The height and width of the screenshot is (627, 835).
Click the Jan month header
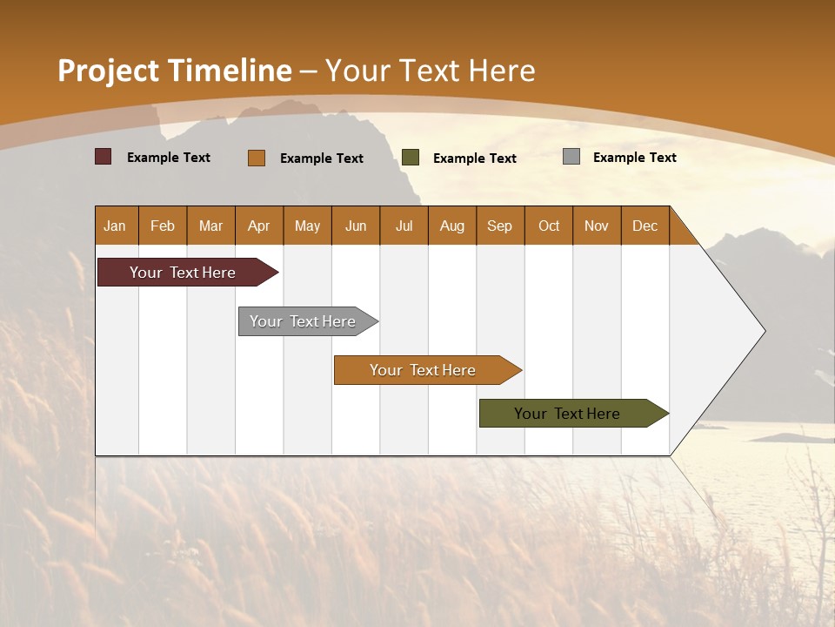tap(115, 226)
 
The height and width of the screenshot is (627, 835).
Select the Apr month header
tap(258, 226)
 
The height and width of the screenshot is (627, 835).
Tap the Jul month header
tap(404, 226)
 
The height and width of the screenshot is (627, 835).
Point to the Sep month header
tap(499, 226)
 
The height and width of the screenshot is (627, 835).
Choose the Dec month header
tap(645, 226)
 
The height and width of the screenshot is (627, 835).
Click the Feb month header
tap(163, 226)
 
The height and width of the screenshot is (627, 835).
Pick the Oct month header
tap(549, 226)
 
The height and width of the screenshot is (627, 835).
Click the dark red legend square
tap(103, 157)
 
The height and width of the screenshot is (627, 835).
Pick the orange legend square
tap(256, 158)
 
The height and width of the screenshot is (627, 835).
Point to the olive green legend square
tap(411, 158)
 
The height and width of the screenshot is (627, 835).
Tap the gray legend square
tap(571, 157)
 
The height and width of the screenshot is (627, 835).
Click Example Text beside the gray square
tap(634, 158)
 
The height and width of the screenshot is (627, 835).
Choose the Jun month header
tap(355, 226)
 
